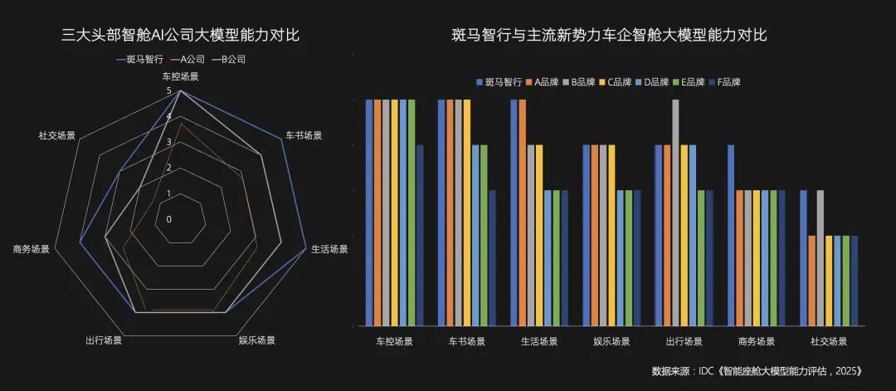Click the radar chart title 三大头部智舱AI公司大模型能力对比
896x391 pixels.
coord(180,35)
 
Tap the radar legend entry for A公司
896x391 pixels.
coord(187,60)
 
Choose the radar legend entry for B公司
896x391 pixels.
coord(228,60)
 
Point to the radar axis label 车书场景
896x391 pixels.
coord(304,134)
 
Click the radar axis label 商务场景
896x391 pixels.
coord(31,249)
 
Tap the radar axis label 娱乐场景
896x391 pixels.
coord(256,340)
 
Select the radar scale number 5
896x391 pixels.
coord(169,91)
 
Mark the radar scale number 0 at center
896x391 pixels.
coord(169,220)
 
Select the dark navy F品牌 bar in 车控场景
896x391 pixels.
coord(420,236)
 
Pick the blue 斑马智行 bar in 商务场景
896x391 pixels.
coord(731,236)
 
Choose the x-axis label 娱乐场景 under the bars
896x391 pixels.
coord(611,341)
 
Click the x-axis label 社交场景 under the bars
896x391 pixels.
coord(828,341)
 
